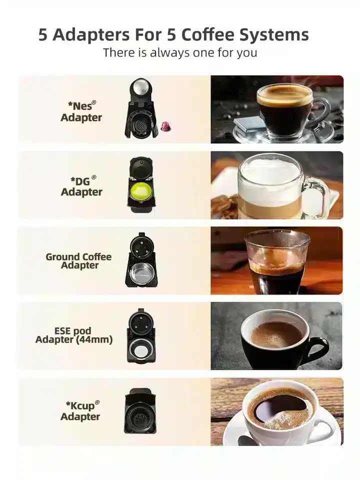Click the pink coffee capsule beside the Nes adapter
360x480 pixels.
(166, 125)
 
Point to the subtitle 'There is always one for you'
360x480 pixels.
(180, 52)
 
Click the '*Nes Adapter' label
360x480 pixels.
(81, 111)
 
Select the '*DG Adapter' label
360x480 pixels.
(81, 186)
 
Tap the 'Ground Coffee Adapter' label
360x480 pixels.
(78, 261)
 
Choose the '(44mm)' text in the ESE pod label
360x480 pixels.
(93, 339)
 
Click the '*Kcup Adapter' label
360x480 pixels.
(80, 411)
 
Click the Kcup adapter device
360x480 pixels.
(140, 411)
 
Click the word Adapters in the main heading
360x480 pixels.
(91, 35)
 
